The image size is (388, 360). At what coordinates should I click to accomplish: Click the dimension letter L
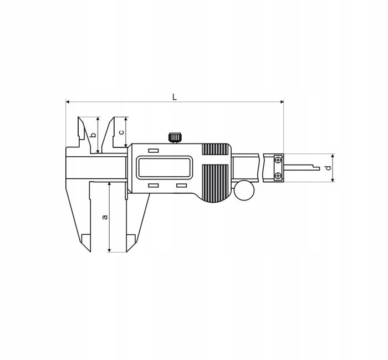174,97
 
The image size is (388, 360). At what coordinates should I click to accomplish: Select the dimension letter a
105,217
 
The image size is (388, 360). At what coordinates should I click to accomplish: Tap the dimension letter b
93,135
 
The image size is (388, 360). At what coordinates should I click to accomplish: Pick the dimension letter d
328,167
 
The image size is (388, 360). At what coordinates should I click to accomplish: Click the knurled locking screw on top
175,137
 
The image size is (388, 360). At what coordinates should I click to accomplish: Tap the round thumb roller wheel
244,190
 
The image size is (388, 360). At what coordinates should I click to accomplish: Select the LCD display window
165,167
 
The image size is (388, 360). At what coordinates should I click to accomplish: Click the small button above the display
154,151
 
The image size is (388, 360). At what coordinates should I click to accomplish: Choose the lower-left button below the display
154,185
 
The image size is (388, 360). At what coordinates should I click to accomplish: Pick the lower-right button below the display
181,185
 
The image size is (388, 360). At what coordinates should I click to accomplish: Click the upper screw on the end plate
278,160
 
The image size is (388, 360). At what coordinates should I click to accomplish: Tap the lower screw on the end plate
278,176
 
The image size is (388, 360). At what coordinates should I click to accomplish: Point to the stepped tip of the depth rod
316,167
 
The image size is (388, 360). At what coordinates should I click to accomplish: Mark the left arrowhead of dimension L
68,102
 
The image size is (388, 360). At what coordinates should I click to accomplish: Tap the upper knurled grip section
215,149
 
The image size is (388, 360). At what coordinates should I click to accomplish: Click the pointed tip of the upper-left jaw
79,117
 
